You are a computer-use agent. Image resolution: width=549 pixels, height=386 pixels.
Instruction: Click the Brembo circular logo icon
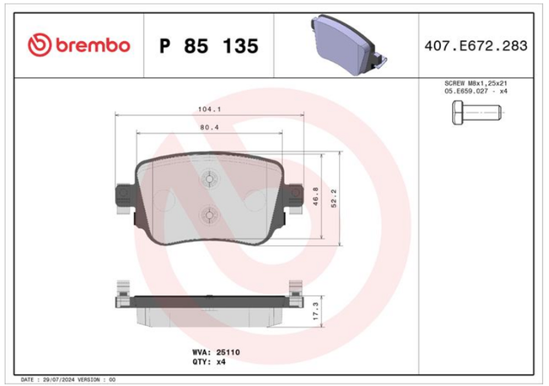click(x=39, y=45)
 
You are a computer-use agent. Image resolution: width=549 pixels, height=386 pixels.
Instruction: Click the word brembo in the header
click(x=93, y=45)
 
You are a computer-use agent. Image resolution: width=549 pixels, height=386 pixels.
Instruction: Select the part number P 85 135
click(x=209, y=45)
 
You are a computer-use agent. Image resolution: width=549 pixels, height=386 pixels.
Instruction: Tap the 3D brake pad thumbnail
click(x=349, y=45)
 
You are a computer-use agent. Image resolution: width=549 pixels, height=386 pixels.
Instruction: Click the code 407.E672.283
click(x=476, y=45)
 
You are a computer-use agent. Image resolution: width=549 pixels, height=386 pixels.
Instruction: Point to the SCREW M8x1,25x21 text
click(x=476, y=83)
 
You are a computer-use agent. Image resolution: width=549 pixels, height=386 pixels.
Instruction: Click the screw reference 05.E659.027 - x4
click(x=476, y=91)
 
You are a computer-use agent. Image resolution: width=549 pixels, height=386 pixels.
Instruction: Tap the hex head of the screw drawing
click(x=457, y=112)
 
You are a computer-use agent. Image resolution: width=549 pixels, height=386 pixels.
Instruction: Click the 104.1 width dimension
click(x=209, y=109)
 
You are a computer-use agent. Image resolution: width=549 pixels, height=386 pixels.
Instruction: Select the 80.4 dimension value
click(x=209, y=128)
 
